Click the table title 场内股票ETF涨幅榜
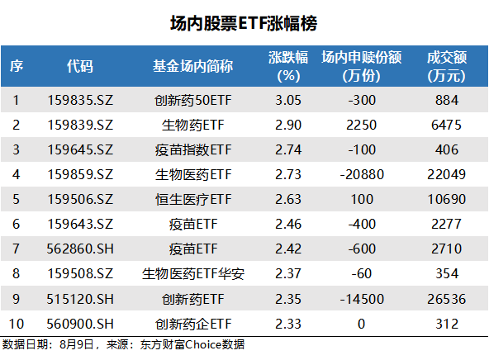click(x=244, y=22)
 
